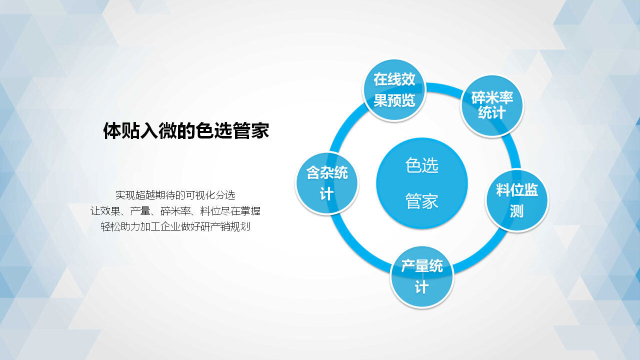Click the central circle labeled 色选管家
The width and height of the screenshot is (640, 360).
[421, 183]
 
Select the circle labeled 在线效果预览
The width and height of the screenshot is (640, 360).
[394, 90]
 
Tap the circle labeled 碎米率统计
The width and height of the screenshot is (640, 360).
[492, 106]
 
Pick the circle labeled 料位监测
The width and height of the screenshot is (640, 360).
[517, 200]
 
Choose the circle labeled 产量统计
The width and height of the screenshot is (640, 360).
[421, 276]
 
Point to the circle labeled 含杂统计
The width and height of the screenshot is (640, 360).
[327, 183]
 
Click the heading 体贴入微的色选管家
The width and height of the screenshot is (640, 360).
[186, 131]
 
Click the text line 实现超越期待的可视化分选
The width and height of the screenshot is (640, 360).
[175, 195]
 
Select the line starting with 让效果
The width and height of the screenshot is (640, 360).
[175, 211]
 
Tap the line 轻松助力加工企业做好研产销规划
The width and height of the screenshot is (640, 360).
[175, 226]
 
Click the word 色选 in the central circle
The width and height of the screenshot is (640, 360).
[421, 165]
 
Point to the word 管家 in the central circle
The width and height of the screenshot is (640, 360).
[421, 201]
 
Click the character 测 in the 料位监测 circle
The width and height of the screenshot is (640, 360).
[517, 211]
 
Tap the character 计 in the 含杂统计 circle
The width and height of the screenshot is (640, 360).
[326, 194]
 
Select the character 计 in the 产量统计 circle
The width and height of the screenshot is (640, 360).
[421, 287]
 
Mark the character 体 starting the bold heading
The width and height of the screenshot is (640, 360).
[112, 131]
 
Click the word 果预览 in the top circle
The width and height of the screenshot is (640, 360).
[394, 100]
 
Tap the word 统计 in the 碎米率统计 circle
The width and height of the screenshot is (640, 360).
[492, 112]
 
